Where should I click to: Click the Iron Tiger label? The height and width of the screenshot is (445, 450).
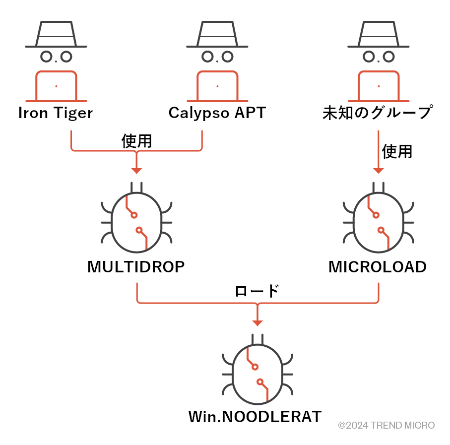click(x=55, y=113)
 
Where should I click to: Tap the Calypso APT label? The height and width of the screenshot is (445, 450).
click(x=217, y=113)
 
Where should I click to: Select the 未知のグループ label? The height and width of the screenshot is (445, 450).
click(x=377, y=113)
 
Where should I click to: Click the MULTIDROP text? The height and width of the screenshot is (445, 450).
click(x=136, y=267)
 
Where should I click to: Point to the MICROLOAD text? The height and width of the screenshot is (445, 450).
click(x=377, y=267)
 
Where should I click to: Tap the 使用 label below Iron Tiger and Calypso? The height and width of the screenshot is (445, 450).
click(x=136, y=141)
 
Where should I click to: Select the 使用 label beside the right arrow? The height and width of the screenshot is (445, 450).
click(x=397, y=151)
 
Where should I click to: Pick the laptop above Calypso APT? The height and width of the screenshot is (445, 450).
click(x=217, y=86)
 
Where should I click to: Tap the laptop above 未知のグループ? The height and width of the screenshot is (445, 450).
click(x=378, y=86)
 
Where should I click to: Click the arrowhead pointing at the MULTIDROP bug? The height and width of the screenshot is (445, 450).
click(x=136, y=171)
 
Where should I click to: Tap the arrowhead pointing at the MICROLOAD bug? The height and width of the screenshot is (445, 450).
click(x=378, y=171)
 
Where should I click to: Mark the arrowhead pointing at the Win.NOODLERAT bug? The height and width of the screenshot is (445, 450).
click(x=257, y=323)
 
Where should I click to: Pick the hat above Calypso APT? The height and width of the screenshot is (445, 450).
click(x=217, y=35)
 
